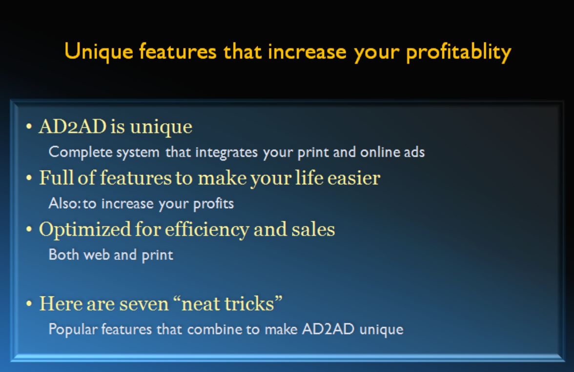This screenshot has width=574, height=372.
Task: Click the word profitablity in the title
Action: click(458, 52)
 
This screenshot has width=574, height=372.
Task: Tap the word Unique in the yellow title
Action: click(99, 52)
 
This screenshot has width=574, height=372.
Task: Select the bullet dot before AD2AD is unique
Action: click(29, 127)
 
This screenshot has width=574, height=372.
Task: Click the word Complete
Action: click(80, 152)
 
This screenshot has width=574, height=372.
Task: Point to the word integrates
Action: click(226, 152)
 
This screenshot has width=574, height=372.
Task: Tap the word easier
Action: click(353, 178)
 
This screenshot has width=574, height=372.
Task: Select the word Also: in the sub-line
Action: click(65, 203)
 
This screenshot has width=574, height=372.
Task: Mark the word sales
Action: click(313, 230)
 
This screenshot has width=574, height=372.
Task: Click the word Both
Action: click(63, 255)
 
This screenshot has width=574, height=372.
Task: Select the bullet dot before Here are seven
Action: click(29, 304)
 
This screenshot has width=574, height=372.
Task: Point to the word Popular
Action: click(73, 329)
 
